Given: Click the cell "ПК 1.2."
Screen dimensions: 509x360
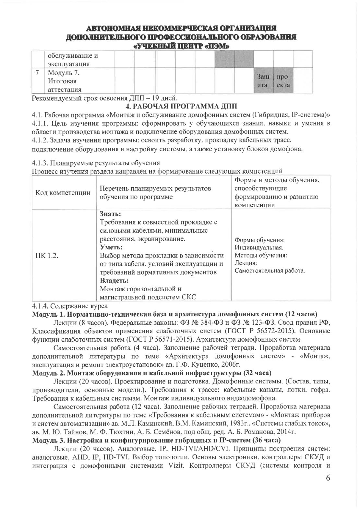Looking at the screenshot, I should [x=46, y=255].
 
